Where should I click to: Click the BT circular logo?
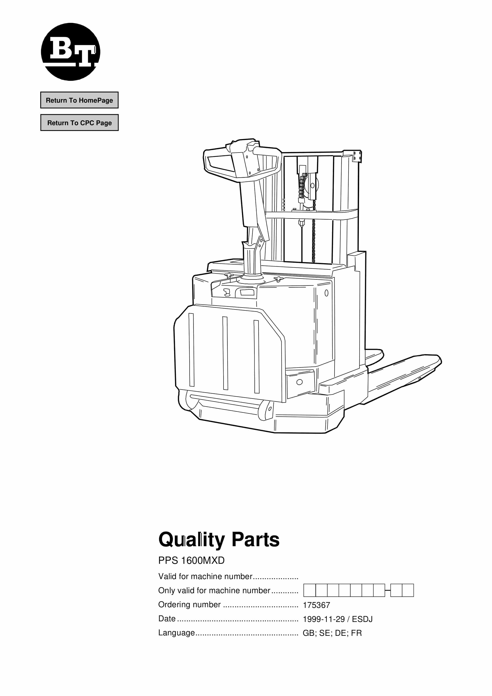[70, 52]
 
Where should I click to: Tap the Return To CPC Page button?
[79, 122]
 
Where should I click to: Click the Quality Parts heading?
[219, 540]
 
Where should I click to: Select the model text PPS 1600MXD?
[191, 560]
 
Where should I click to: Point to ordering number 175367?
[316, 605]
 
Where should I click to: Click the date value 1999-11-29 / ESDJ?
[338, 619]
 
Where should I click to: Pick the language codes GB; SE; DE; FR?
[332, 633]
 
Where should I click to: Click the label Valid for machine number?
[205, 576]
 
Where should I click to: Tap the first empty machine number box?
[310, 590]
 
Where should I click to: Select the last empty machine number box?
[408, 590]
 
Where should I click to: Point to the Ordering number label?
[189, 605]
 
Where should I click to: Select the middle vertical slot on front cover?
[225, 353]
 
